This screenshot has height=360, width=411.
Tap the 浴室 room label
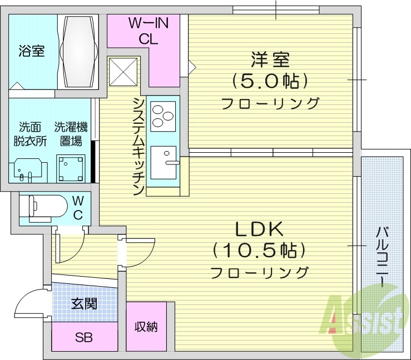(31, 52)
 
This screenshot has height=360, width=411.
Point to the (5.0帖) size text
(270, 82)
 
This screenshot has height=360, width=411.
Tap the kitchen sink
(163, 162)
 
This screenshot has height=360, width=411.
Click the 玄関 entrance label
(84, 304)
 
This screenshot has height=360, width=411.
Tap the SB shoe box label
(84, 337)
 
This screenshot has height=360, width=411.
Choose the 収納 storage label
(146, 327)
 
